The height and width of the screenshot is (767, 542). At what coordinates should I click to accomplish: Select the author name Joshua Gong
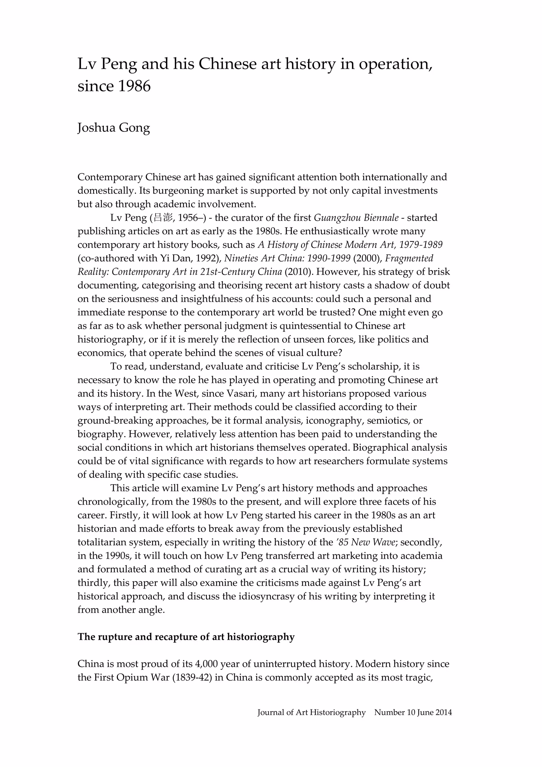pyautogui.click(x=113, y=128)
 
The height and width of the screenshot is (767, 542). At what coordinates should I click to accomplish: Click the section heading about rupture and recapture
pyautogui.click(x=186, y=637)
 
